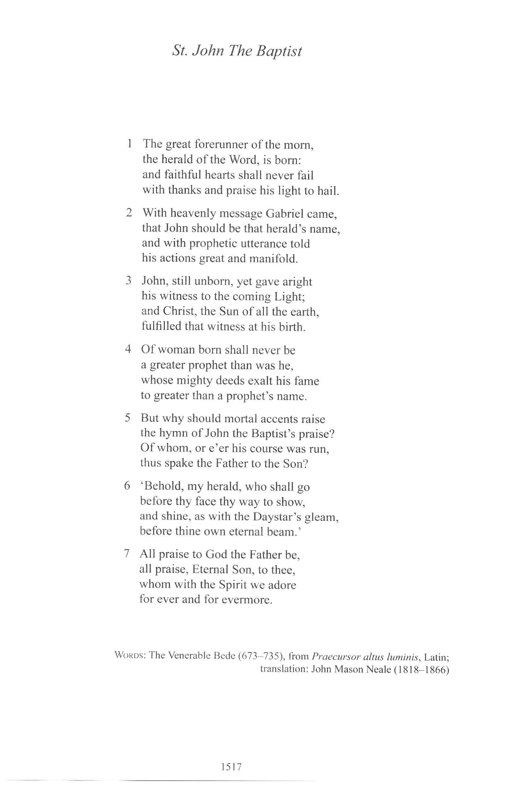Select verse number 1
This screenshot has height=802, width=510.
(x=129, y=144)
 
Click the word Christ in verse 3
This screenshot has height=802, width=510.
(x=178, y=311)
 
